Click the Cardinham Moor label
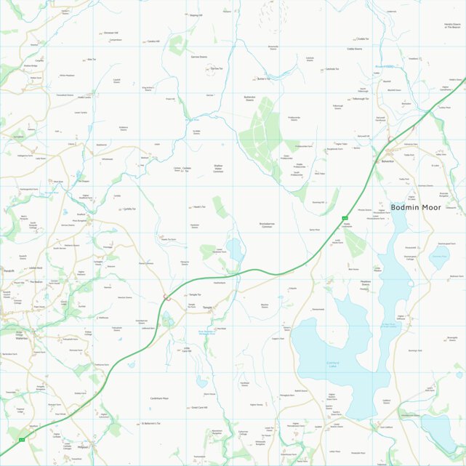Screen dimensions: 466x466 159,398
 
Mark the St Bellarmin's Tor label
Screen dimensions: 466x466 150,422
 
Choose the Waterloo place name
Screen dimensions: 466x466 20,338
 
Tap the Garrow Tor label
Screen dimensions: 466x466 215,68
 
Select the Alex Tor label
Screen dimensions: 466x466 92,60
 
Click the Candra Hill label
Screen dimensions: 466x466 153,41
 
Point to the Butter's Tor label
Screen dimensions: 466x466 263,79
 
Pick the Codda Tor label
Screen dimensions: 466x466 363,39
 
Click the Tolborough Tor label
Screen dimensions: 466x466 362,99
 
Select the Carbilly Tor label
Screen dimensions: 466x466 129,209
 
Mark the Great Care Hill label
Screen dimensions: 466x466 199,408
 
